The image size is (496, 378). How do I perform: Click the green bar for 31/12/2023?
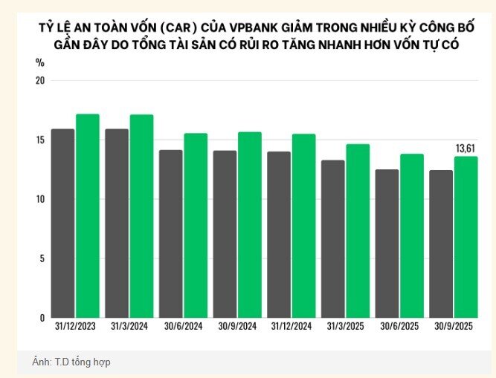pos(87,215)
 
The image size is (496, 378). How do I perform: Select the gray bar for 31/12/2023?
pos(62,223)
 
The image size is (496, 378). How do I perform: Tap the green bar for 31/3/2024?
pos(141,215)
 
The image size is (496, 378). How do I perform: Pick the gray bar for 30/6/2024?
pos(170,233)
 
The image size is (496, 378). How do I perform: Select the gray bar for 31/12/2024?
pos(279,234)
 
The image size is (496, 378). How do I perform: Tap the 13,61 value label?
pos(466,149)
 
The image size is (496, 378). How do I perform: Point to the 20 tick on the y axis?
pos(40,80)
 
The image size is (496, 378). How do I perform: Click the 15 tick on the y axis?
pos(40,140)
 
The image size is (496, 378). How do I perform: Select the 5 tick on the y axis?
pos(42,258)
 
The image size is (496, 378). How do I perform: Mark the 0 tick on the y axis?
pos(42,318)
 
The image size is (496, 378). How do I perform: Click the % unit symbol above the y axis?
pos(40,62)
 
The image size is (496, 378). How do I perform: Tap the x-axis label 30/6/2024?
pos(183,327)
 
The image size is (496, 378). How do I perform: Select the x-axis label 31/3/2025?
pos(345,327)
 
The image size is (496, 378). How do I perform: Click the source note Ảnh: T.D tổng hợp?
pos(71,362)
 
